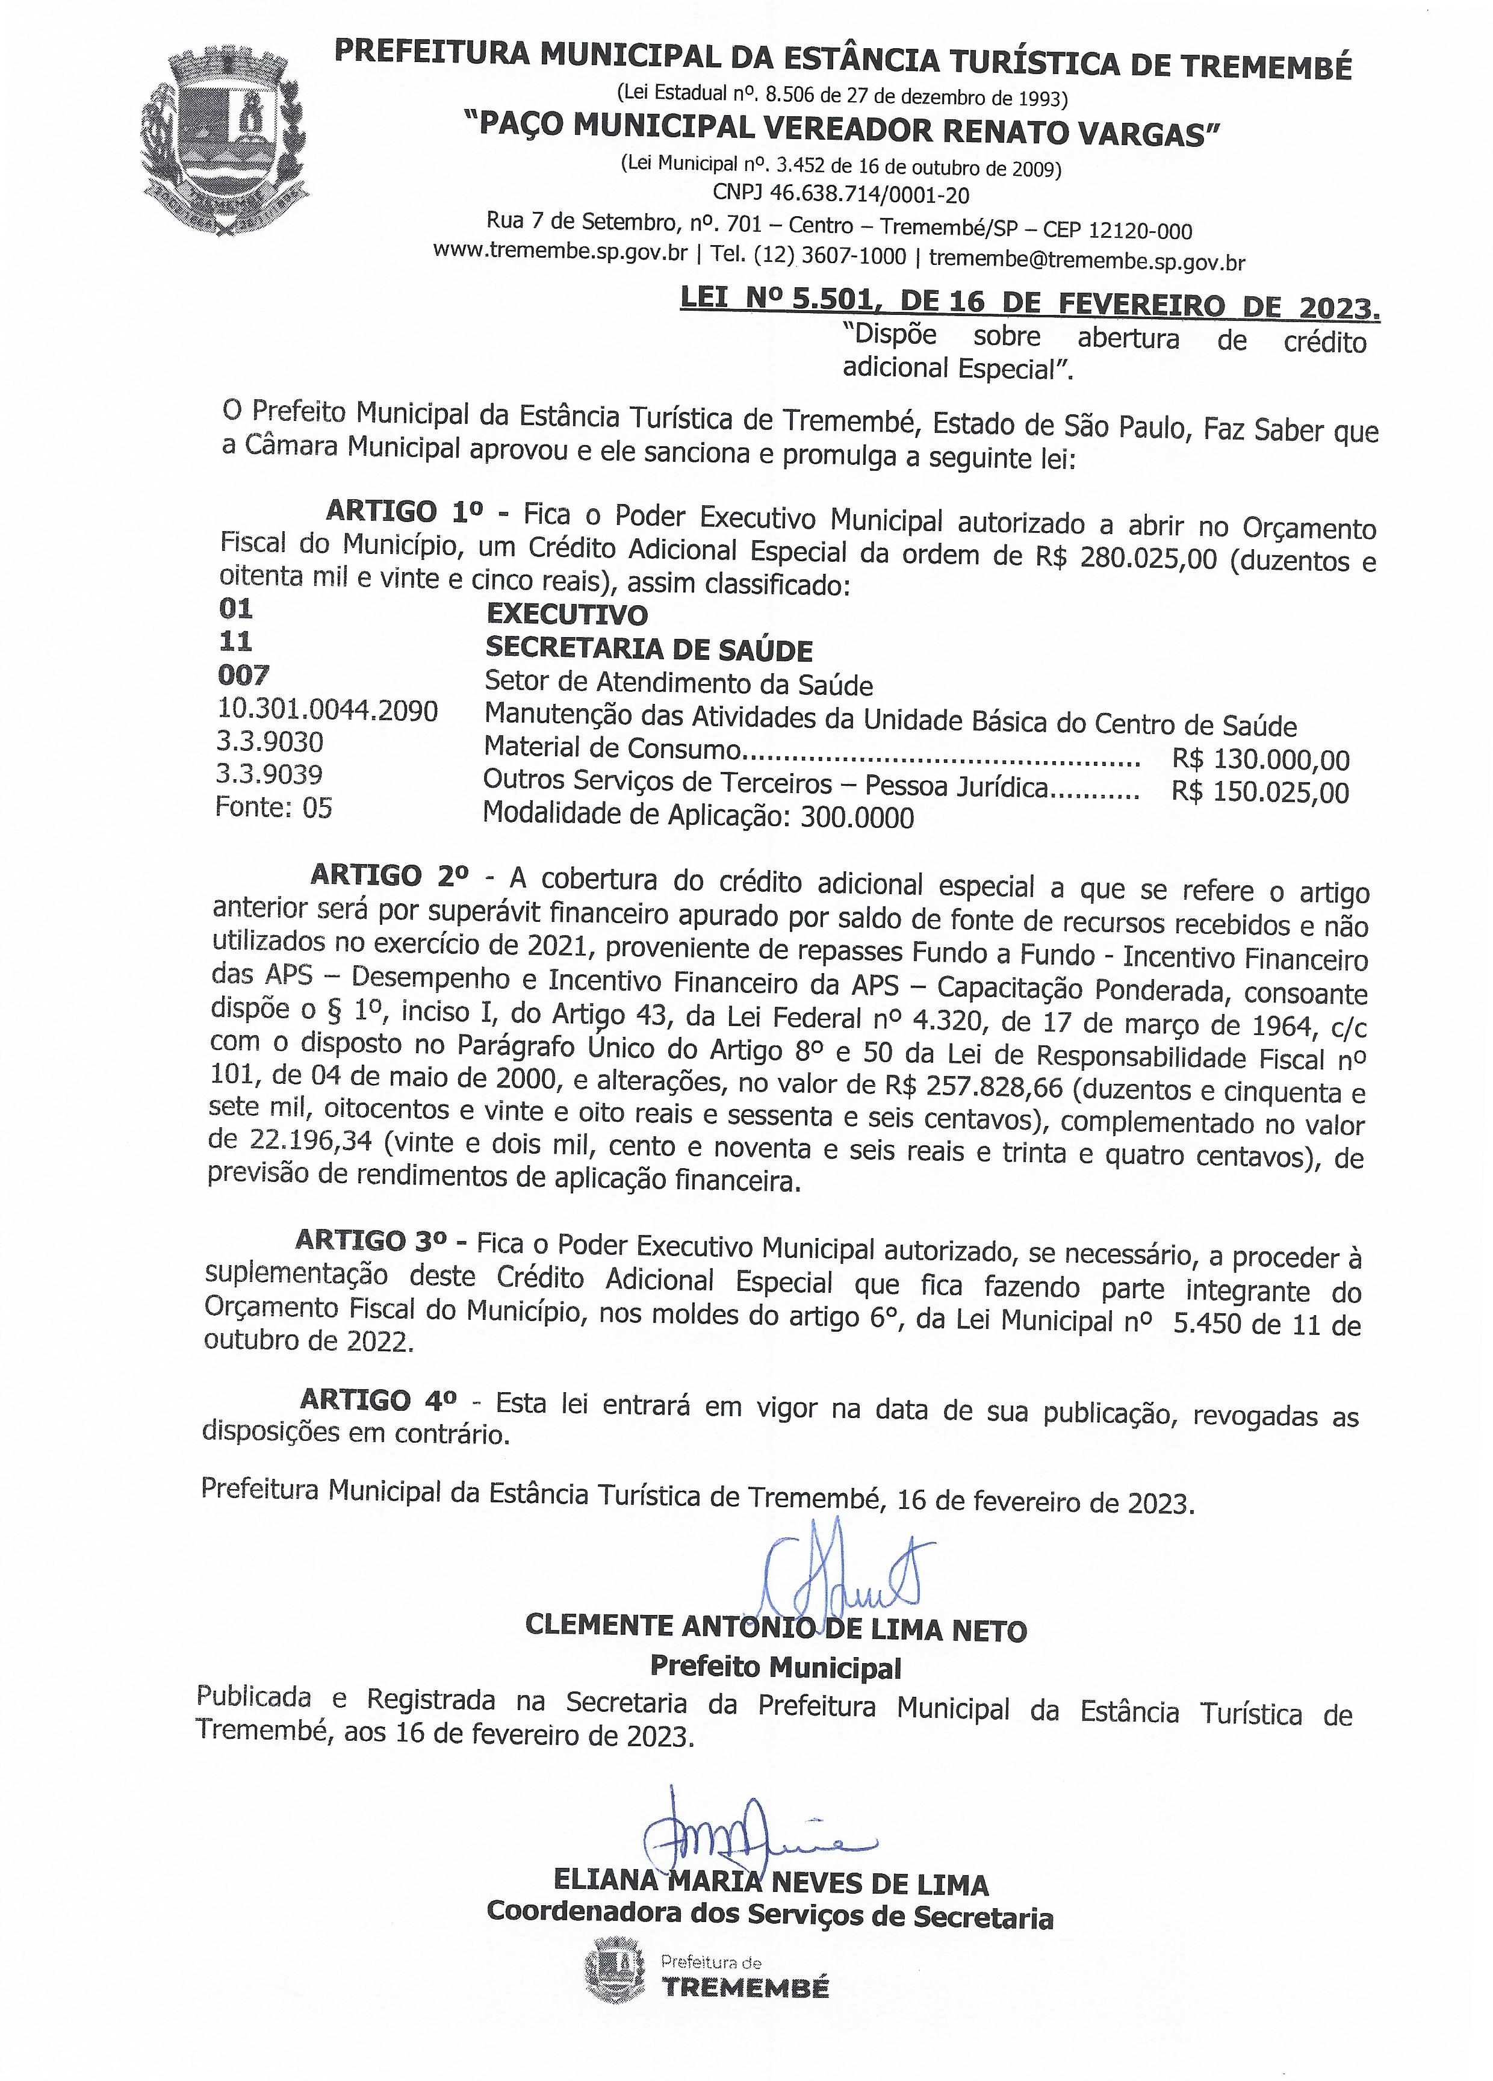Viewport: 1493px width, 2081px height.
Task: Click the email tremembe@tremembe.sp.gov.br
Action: (1087, 261)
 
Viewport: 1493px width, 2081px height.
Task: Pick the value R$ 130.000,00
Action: (1260, 760)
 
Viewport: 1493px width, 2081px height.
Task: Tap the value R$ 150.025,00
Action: (1259, 792)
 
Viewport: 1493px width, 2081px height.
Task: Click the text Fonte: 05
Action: (273, 807)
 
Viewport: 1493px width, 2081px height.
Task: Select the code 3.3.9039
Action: (268, 774)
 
